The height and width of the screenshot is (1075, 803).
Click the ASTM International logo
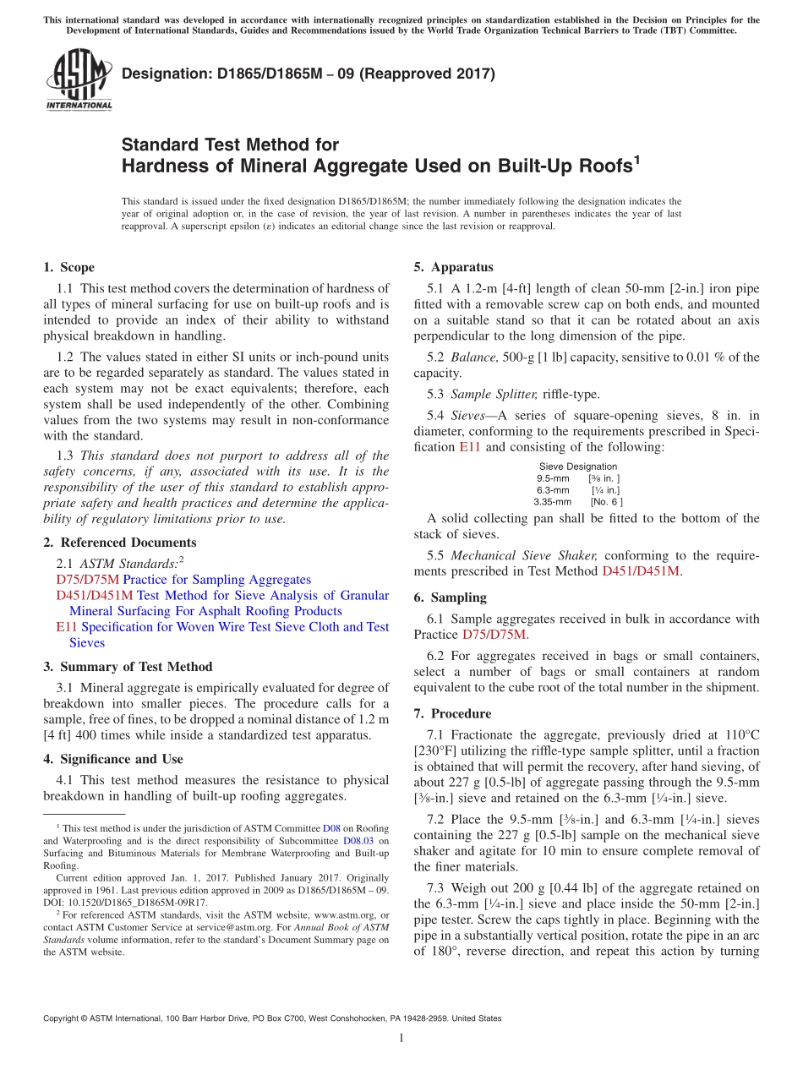click(x=79, y=79)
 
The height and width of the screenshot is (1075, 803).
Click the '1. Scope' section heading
click(x=69, y=268)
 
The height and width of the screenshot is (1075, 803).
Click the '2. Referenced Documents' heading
click(x=120, y=543)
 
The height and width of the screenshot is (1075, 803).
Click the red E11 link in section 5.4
click(x=469, y=447)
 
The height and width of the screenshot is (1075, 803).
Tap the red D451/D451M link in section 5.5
click(x=640, y=571)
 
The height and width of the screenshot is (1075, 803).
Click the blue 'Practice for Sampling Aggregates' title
click(x=216, y=580)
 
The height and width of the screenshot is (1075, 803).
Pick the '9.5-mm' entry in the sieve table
click(x=553, y=478)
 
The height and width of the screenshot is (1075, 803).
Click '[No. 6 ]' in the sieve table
click(x=606, y=502)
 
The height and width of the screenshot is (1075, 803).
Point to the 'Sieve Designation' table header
click(x=578, y=467)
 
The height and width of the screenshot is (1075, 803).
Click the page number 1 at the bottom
click(x=401, y=1039)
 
